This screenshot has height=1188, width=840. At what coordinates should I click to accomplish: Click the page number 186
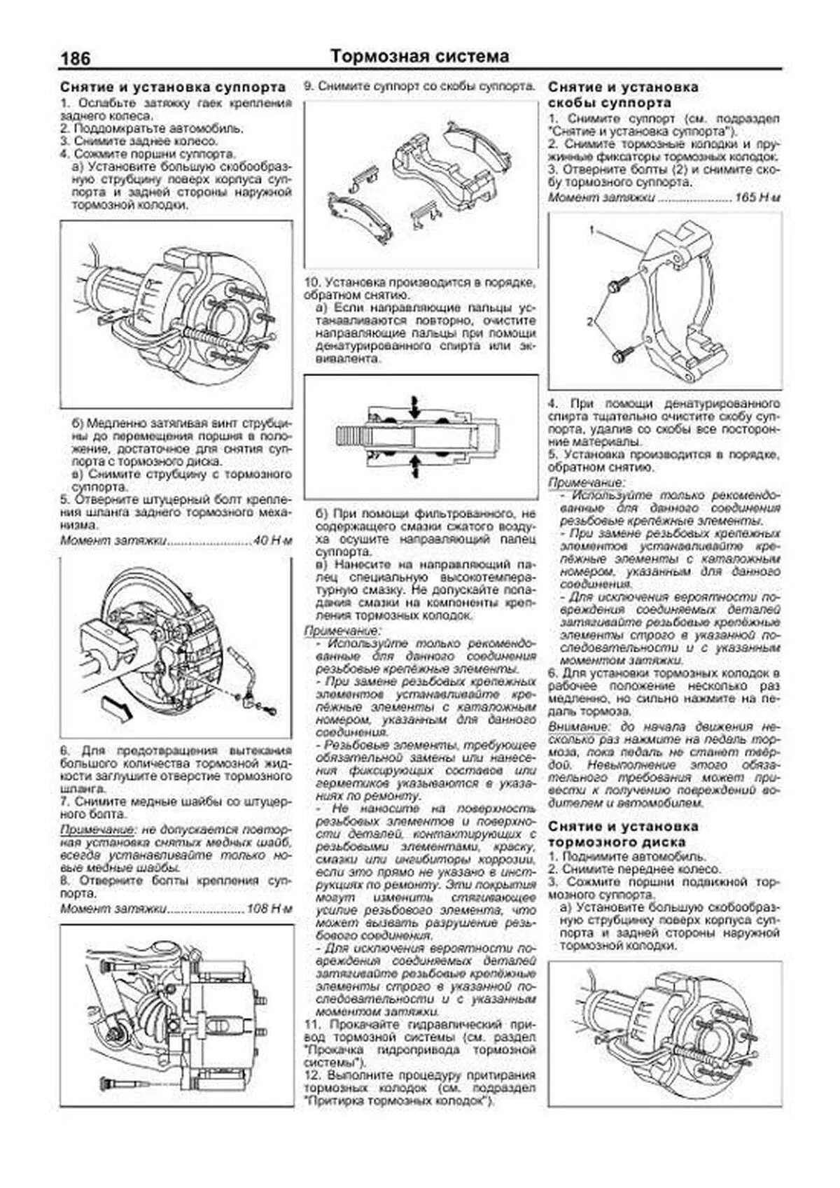[x=76, y=58]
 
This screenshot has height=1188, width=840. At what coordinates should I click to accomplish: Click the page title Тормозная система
[x=419, y=56]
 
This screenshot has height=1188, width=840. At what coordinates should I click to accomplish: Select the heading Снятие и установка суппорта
[x=173, y=88]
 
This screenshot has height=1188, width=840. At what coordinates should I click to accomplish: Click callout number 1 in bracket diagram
[x=591, y=230]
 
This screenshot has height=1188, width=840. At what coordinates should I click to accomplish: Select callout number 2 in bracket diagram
[x=589, y=321]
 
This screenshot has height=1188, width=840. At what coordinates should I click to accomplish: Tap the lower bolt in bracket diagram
[x=622, y=355]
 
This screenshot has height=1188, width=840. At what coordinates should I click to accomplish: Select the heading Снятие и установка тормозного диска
[x=623, y=834]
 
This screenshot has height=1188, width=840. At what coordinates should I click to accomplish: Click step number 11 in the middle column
[x=311, y=1024]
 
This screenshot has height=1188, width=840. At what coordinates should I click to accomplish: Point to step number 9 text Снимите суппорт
[x=420, y=87]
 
